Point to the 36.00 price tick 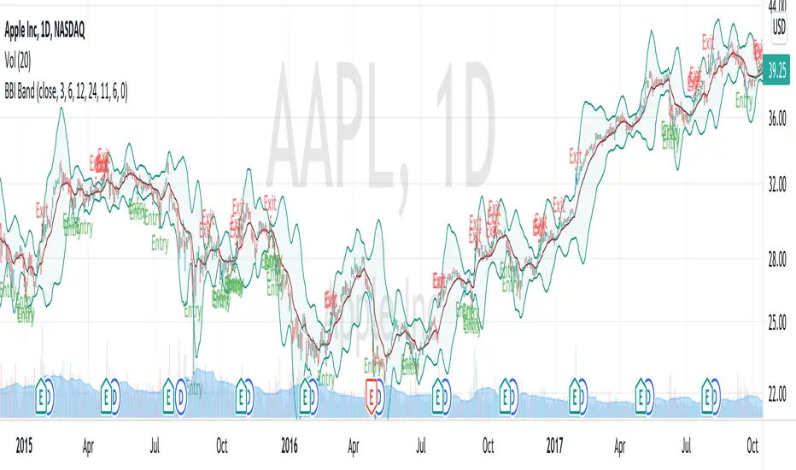pos(778,121)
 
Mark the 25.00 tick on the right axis pos(778,326)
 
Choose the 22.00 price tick pos(778,395)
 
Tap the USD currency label pos(779,27)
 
